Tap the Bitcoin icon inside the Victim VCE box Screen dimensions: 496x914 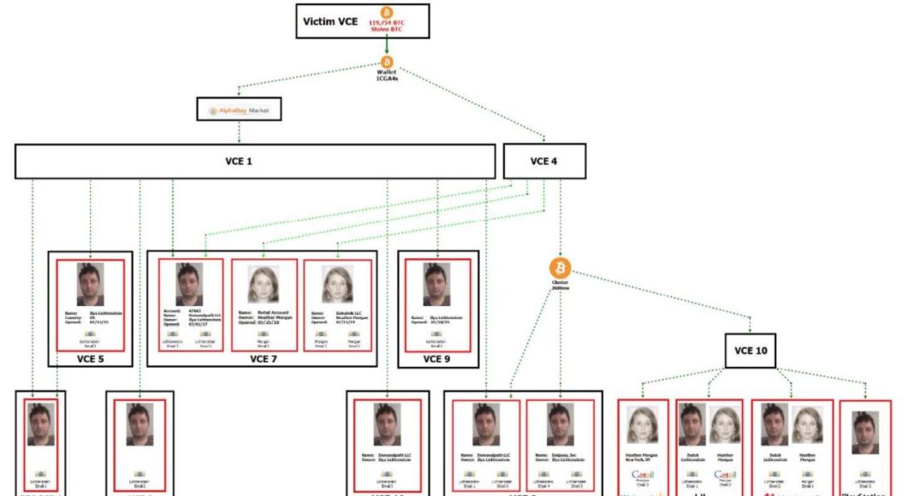pyautogui.click(x=386, y=13)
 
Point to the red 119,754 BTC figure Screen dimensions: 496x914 pyautogui.click(x=386, y=22)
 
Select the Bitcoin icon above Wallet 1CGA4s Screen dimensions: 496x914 pyautogui.click(x=386, y=62)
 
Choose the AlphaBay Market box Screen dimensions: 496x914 pyautogui.click(x=239, y=110)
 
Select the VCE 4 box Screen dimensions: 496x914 pyautogui.click(x=544, y=161)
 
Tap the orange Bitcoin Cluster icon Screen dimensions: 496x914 pyautogui.click(x=561, y=268)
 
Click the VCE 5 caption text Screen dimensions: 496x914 pyautogui.click(x=90, y=358)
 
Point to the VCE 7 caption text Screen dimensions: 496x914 pyautogui.click(x=263, y=358)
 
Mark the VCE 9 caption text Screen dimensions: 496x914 pyautogui.click(x=436, y=358)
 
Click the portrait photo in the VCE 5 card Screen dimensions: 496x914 pyautogui.click(x=90, y=284)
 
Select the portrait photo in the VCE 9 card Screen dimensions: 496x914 pyautogui.click(x=436, y=284)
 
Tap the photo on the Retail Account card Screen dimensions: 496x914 pyautogui.click(x=264, y=284)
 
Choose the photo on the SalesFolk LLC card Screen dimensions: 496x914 pyautogui.click(x=337, y=284)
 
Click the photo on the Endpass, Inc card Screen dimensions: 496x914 pyautogui.click(x=560, y=425)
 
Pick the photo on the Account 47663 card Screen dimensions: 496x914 pyautogui.click(x=189, y=284)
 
